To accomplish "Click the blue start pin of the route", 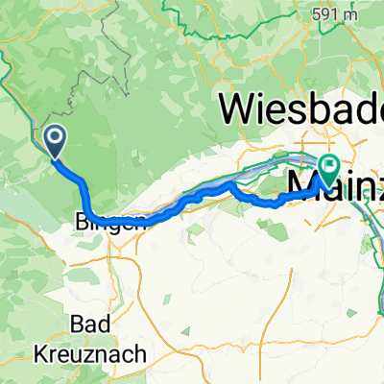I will [54, 142].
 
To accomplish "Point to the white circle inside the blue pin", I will [54, 139].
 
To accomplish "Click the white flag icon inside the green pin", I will [329, 166].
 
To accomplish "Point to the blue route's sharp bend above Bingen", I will [85, 182].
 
